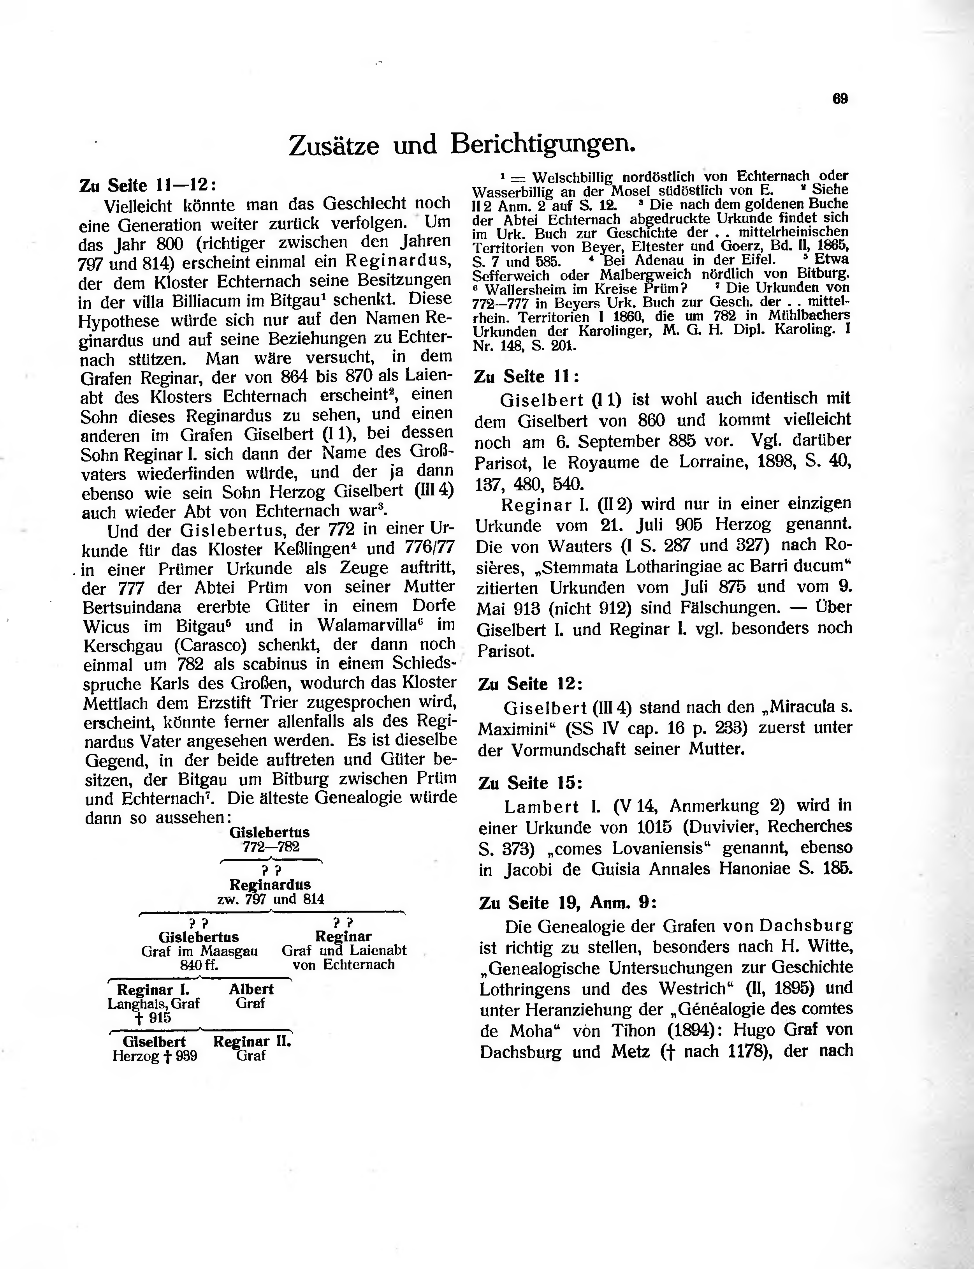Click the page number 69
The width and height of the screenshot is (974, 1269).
[x=840, y=99]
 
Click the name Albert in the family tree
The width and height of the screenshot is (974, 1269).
[x=251, y=989]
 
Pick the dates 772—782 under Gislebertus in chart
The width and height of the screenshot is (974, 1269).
[x=271, y=846]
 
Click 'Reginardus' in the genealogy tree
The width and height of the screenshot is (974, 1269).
[x=270, y=885]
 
